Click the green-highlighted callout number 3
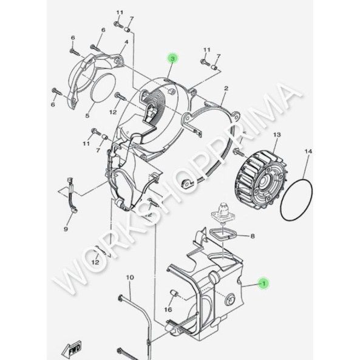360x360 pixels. coord(172,58)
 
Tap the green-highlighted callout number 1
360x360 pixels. coord(263,284)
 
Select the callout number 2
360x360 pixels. coord(226,88)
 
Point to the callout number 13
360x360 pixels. coord(277,135)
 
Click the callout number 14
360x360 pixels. coord(308,151)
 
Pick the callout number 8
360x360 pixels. coord(253,236)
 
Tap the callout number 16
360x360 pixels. coord(168,310)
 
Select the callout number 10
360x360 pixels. coord(130,277)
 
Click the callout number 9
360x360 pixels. coord(66,229)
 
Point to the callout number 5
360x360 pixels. coord(87,116)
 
